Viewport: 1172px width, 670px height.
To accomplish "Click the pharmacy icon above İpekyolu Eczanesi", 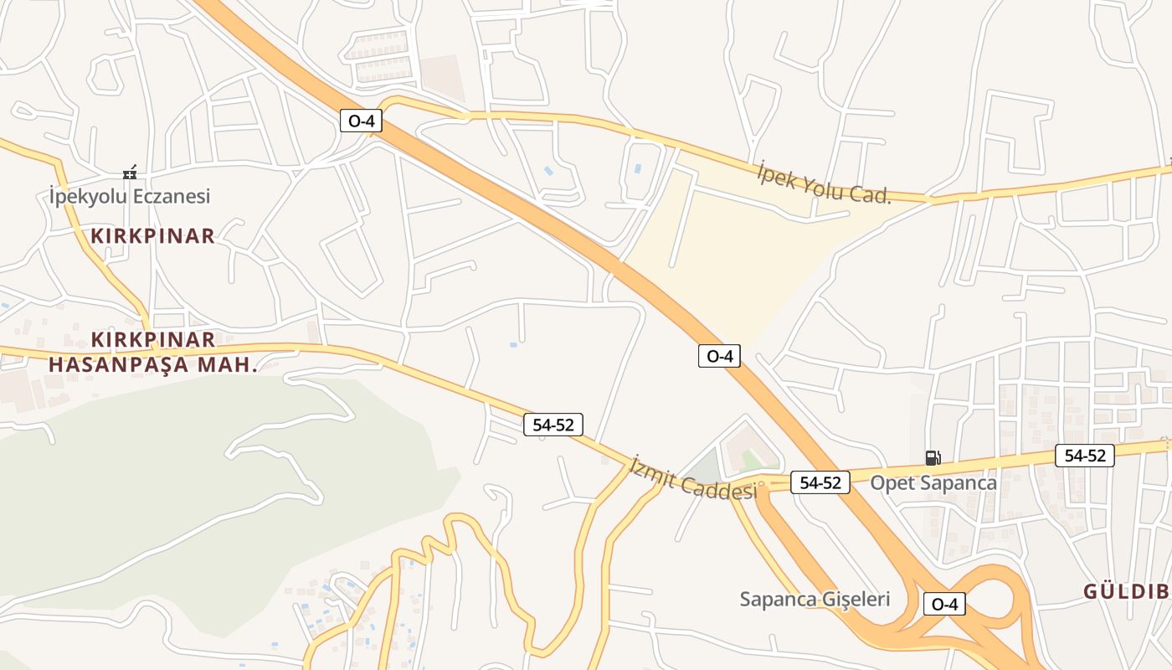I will coord(130,173).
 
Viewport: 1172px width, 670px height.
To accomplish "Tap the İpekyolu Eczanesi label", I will coord(130,197).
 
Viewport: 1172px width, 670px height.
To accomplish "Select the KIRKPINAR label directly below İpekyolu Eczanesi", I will coord(153,235).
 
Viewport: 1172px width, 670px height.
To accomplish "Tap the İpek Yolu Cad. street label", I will coord(822,183).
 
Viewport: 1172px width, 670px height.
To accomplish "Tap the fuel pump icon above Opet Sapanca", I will coord(933,457).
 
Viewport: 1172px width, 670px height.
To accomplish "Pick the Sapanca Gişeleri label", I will coord(815,599).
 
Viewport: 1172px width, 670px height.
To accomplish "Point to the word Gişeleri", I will coord(849,599).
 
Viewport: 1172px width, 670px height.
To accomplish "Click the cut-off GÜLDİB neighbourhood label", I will coord(1126,591).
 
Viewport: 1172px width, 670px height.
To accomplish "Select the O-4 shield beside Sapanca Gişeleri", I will coord(944,603).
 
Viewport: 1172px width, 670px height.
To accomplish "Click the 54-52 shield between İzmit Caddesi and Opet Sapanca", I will coord(820,482).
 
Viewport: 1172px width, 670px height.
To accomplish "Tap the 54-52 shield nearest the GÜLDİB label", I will coord(1084,456).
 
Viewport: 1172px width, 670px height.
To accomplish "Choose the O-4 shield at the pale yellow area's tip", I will coord(719,356).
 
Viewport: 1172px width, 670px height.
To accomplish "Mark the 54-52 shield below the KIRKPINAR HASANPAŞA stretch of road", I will coord(553,425).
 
